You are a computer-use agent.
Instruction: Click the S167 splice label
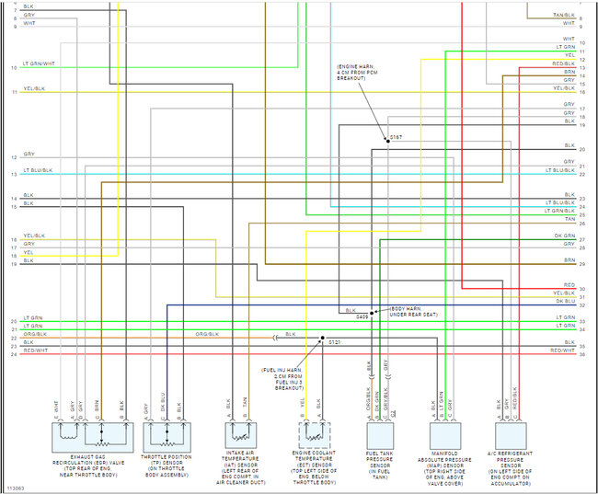[396, 136]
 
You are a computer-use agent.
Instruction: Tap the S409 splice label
[362, 316]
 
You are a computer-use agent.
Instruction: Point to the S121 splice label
[334, 342]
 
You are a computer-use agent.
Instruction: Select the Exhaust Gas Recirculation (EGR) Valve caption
[90, 465]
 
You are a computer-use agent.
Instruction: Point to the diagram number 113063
[16, 487]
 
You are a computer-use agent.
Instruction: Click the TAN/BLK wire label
[563, 16]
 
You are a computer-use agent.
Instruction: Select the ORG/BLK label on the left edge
[33, 334]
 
